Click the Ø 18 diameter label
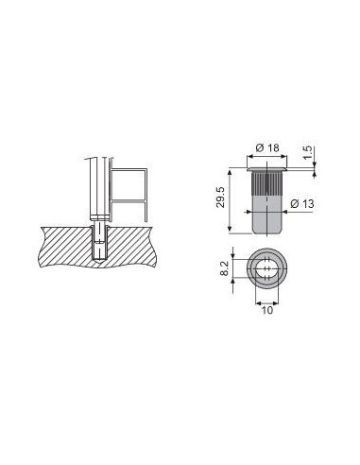(267, 147)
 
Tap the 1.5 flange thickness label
(309, 152)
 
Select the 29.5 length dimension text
(221, 198)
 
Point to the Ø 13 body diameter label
(302, 204)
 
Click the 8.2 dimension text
(224, 268)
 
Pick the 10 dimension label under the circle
(267, 310)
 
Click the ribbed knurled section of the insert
(266, 183)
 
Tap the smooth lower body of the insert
(266, 215)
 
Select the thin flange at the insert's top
(266, 170)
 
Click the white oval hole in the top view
(267, 268)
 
